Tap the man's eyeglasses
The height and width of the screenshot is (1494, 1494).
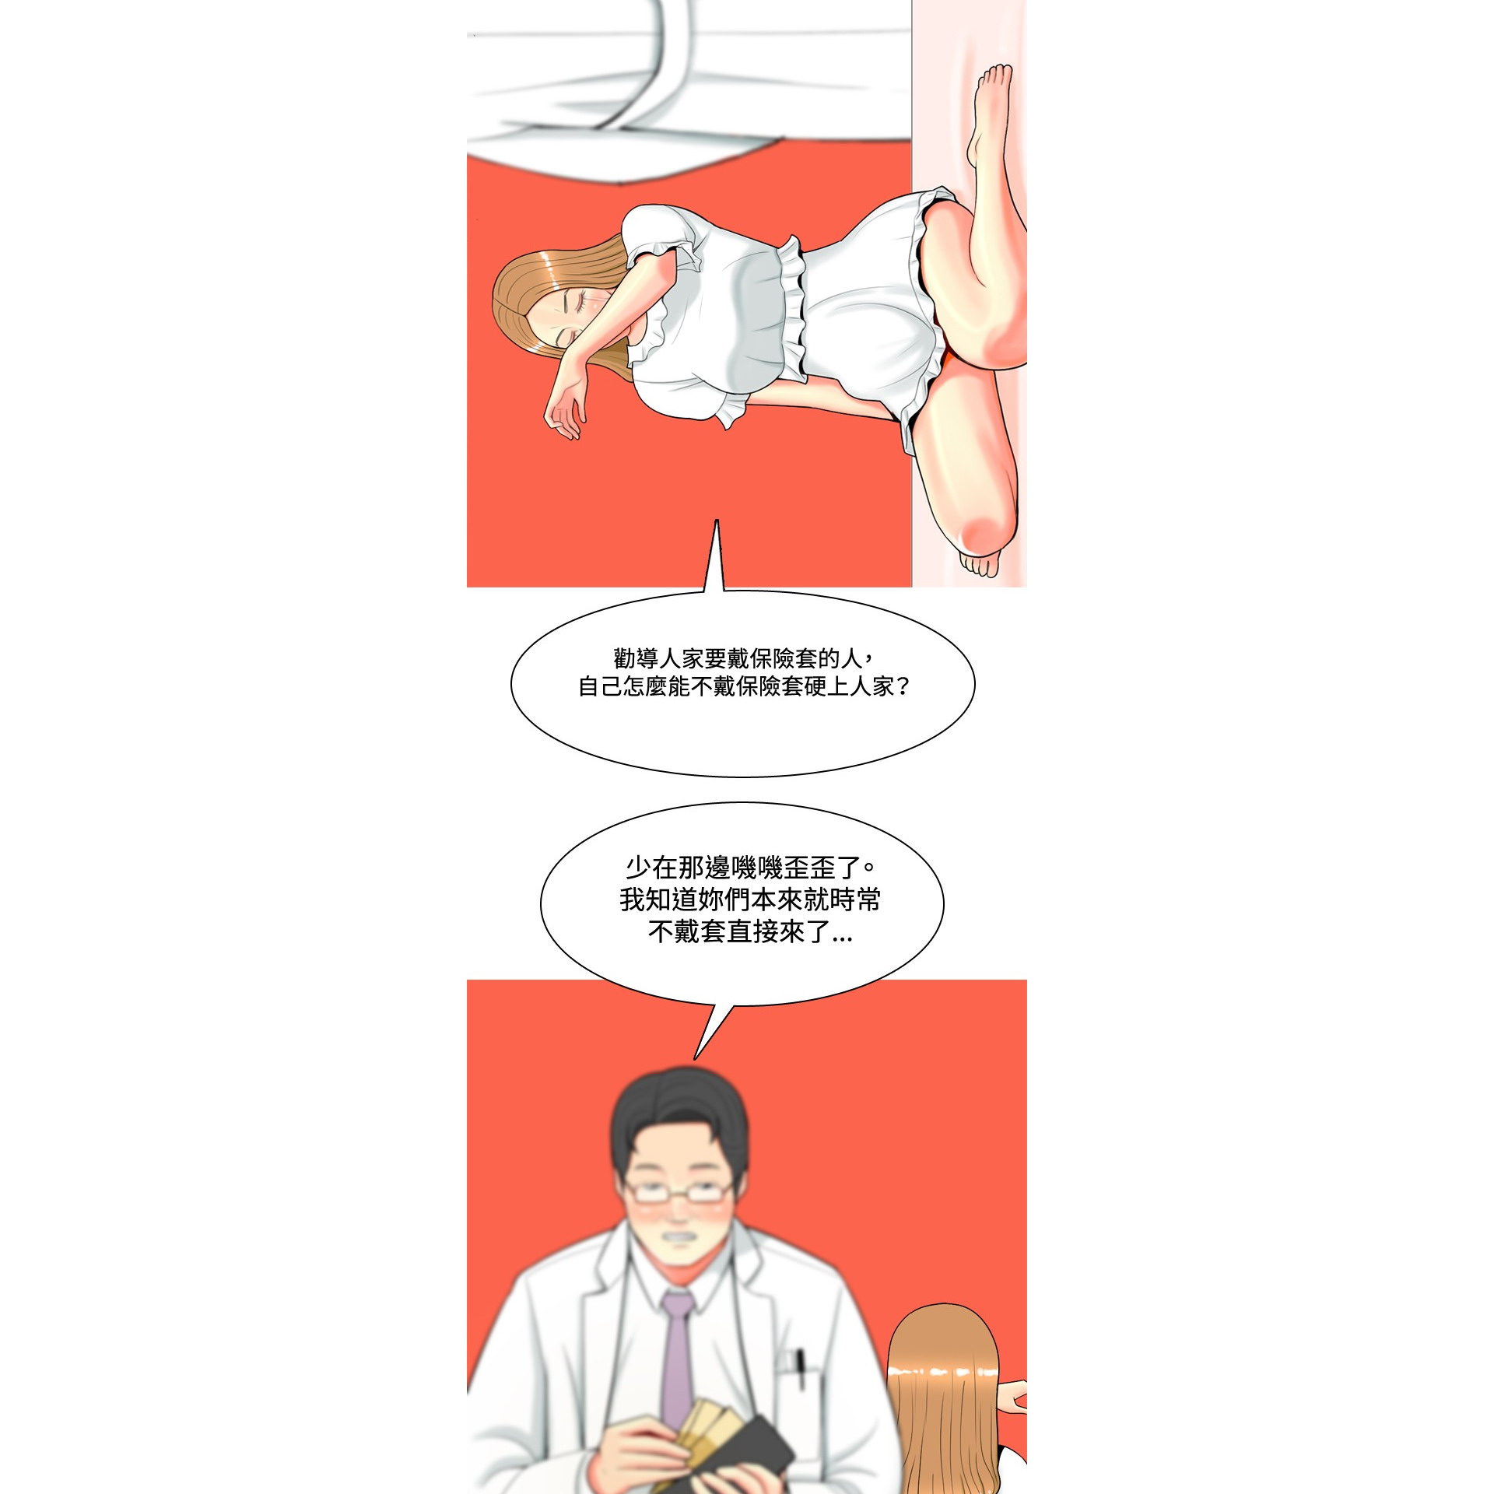coord(679,1191)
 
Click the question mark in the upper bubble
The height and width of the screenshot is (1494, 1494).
coord(903,686)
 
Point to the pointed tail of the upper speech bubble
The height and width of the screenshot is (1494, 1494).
coord(717,521)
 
